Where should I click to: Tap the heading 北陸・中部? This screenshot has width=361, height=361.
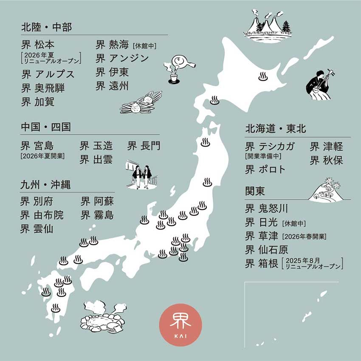click(x=47, y=28)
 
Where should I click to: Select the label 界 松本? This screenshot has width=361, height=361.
click(x=38, y=45)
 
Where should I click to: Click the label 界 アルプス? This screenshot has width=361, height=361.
click(x=48, y=74)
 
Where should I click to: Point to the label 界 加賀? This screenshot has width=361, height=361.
click(x=38, y=102)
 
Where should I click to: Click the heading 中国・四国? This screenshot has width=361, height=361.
click(x=46, y=127)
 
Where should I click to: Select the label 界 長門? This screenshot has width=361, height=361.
click(x=144, y=146)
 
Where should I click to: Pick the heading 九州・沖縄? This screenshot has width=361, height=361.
click(x=46, y=185)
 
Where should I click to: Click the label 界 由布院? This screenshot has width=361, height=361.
click(x=42, y=215)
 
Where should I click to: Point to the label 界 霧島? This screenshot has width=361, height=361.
click(x=98, y=215)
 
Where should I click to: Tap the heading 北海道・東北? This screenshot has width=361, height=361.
click(x=276, y=129)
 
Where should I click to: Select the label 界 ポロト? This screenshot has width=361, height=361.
click(x=265, y=169)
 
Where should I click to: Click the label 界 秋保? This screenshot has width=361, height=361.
click(x=326, y=161)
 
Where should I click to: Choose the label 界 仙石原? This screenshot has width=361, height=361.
click(x=267, y=249)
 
